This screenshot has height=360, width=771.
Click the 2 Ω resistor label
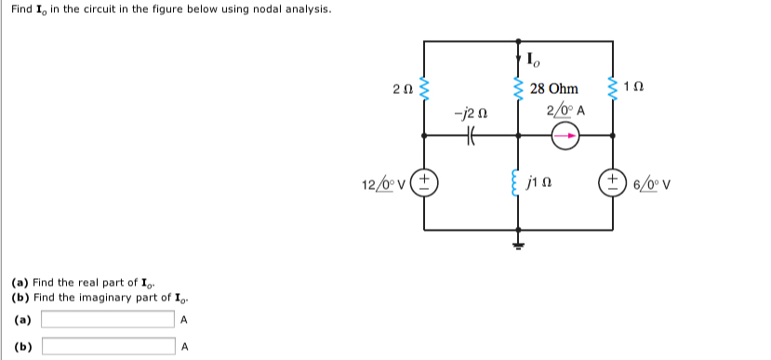(402, 89)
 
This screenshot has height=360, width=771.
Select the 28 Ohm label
(553, 89)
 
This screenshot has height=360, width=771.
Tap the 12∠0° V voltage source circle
(425, 180)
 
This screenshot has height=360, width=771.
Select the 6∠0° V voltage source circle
(613, 180)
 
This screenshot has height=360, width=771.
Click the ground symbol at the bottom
(519, 244)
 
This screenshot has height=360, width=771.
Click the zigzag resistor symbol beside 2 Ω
(425, 88)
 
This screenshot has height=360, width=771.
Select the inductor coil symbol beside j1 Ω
(519, 181)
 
